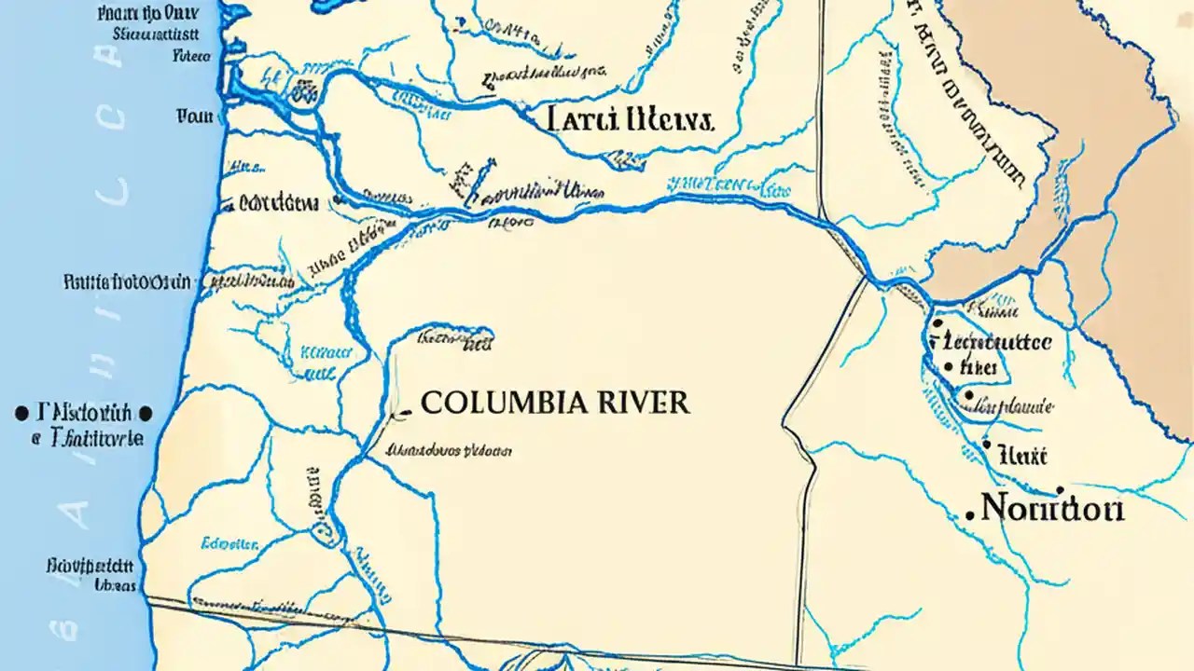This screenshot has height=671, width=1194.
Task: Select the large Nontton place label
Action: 1053,509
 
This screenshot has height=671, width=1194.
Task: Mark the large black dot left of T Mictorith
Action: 20,412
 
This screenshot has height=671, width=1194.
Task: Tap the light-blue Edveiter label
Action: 229,542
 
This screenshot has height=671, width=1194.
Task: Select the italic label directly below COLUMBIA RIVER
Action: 449,450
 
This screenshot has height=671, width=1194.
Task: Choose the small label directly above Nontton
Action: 1022,456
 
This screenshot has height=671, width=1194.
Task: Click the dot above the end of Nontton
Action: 1060,489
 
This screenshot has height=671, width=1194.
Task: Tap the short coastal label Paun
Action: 196,116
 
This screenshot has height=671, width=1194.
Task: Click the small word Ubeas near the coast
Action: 117,586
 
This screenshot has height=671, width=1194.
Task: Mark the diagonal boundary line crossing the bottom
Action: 466,634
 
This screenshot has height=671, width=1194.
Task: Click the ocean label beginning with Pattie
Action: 128,281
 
